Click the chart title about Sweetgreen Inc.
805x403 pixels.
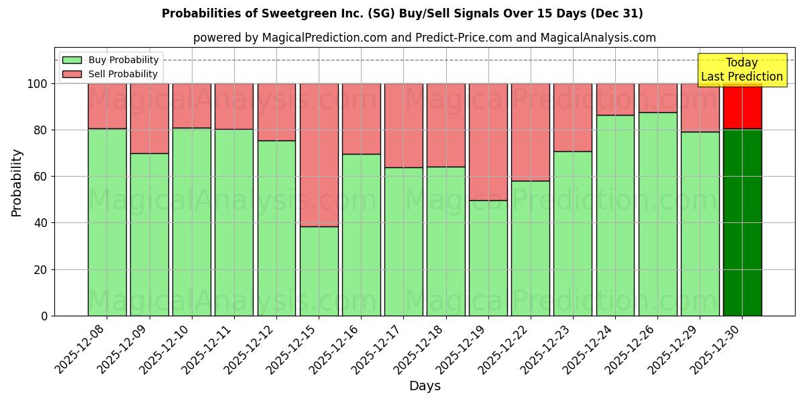[402, 13]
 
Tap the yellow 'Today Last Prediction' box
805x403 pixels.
[741, 71]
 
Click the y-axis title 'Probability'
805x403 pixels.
[17, 183]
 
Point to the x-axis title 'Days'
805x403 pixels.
[425, 386]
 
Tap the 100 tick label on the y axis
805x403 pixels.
[37, 84]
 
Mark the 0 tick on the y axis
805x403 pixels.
[44, 316]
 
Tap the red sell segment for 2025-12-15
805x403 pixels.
[319, 154]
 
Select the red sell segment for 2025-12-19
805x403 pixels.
[488, 141]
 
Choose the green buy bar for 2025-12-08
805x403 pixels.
[107, 222]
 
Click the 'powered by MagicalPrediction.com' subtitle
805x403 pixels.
[424, 38]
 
